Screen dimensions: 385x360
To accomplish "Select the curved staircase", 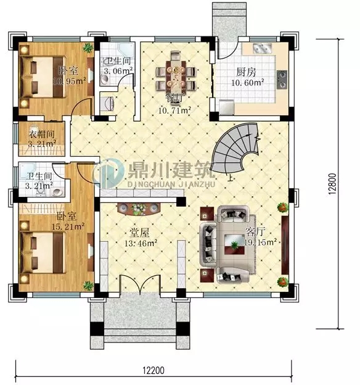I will pyautogui.click(x=237, y=148).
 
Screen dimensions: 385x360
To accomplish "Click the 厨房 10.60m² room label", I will pyautogui.click(x=247, y=77).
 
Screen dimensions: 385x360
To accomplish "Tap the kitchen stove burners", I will pyautogui.click(x=282, y=77).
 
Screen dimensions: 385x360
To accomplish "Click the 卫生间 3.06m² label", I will pyautogui.click(x=118, y=66).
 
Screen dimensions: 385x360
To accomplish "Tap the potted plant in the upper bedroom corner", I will pyautogui.click(x=89, y=47).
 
